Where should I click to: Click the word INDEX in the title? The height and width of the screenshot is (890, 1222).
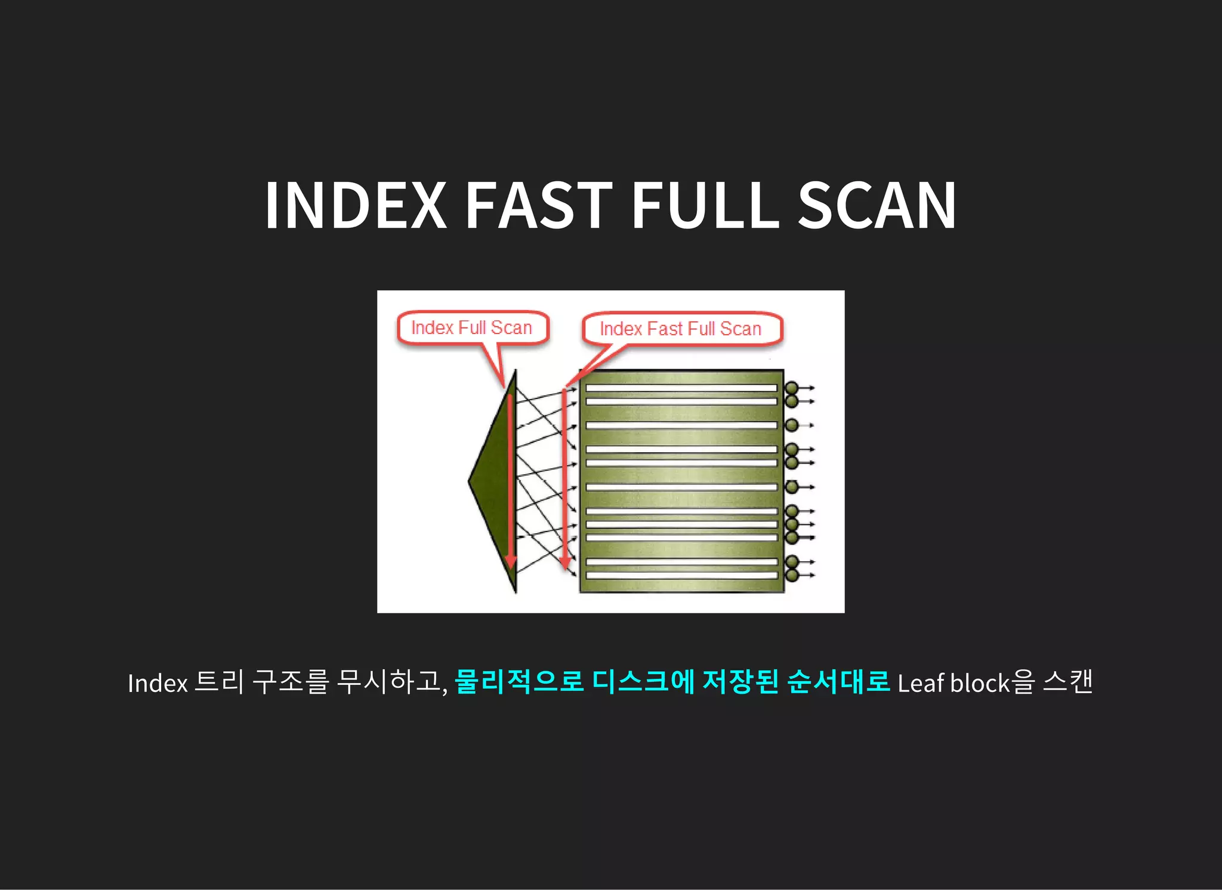(x=356, y=205)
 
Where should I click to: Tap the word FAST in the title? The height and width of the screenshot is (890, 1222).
(x=538, y=205)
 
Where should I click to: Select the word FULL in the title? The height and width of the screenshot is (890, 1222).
(x=705, y=205)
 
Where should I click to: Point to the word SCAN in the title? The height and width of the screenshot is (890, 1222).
(x=877, y=205)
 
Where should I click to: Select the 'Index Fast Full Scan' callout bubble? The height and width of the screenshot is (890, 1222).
(x=681, y=329)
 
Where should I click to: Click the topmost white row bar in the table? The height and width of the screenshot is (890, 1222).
(x=681, y=388)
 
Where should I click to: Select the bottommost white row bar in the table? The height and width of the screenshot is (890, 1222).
(x=681, y=576)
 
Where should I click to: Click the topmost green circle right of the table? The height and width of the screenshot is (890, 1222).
(x=792, y=388)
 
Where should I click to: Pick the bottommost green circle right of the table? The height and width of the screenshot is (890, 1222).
(x=792, y=576)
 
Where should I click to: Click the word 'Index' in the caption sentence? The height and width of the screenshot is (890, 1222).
(x=158, y=684)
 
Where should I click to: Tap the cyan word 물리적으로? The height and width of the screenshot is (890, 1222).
(x=519, y=682)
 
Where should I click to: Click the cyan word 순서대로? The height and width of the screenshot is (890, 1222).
(x=838, y=682)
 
